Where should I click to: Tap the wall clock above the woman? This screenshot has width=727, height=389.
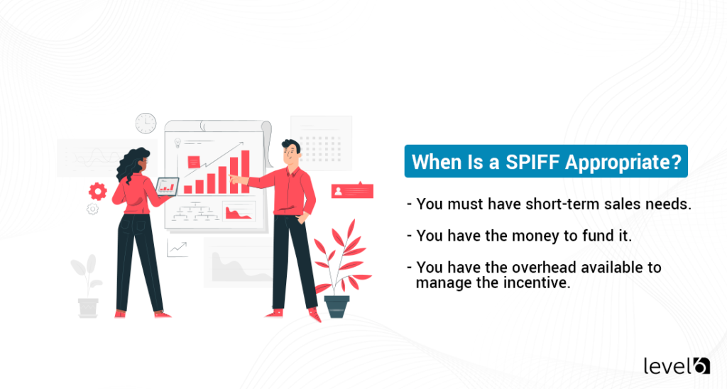click(146, 123)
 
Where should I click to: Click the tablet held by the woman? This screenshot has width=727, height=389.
click(168, 186)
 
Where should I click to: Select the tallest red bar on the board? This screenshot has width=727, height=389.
click(246, 171)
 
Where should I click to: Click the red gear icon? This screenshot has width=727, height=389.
click(98, 190)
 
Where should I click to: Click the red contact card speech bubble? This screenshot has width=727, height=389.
click(351, 190)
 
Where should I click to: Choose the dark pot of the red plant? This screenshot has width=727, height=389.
click(337, 306)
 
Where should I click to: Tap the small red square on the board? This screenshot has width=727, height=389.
click(194, 162)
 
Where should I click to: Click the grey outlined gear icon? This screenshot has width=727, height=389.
click(92, 209)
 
